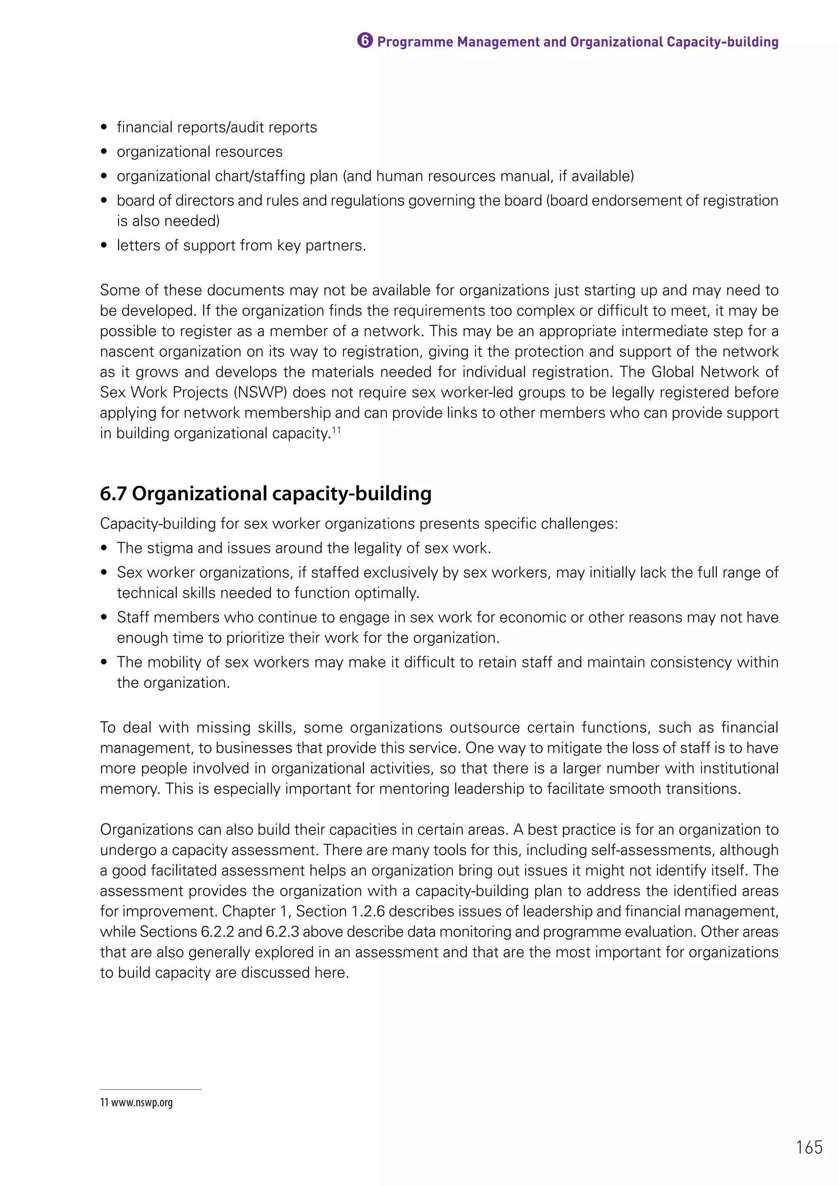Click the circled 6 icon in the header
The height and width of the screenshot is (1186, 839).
[x=364, y=41]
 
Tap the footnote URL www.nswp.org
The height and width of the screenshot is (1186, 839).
[x=142, y=1103]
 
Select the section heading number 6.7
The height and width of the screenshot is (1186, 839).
[x=113, y=494]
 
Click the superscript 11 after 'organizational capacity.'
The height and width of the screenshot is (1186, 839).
[x=336, y=429]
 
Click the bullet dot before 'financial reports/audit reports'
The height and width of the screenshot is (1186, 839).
[x=104, y=128]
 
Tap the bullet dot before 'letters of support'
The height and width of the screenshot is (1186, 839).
[x=104, y=246]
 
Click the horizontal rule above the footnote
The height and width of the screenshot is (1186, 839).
[x=150, y=1089]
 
